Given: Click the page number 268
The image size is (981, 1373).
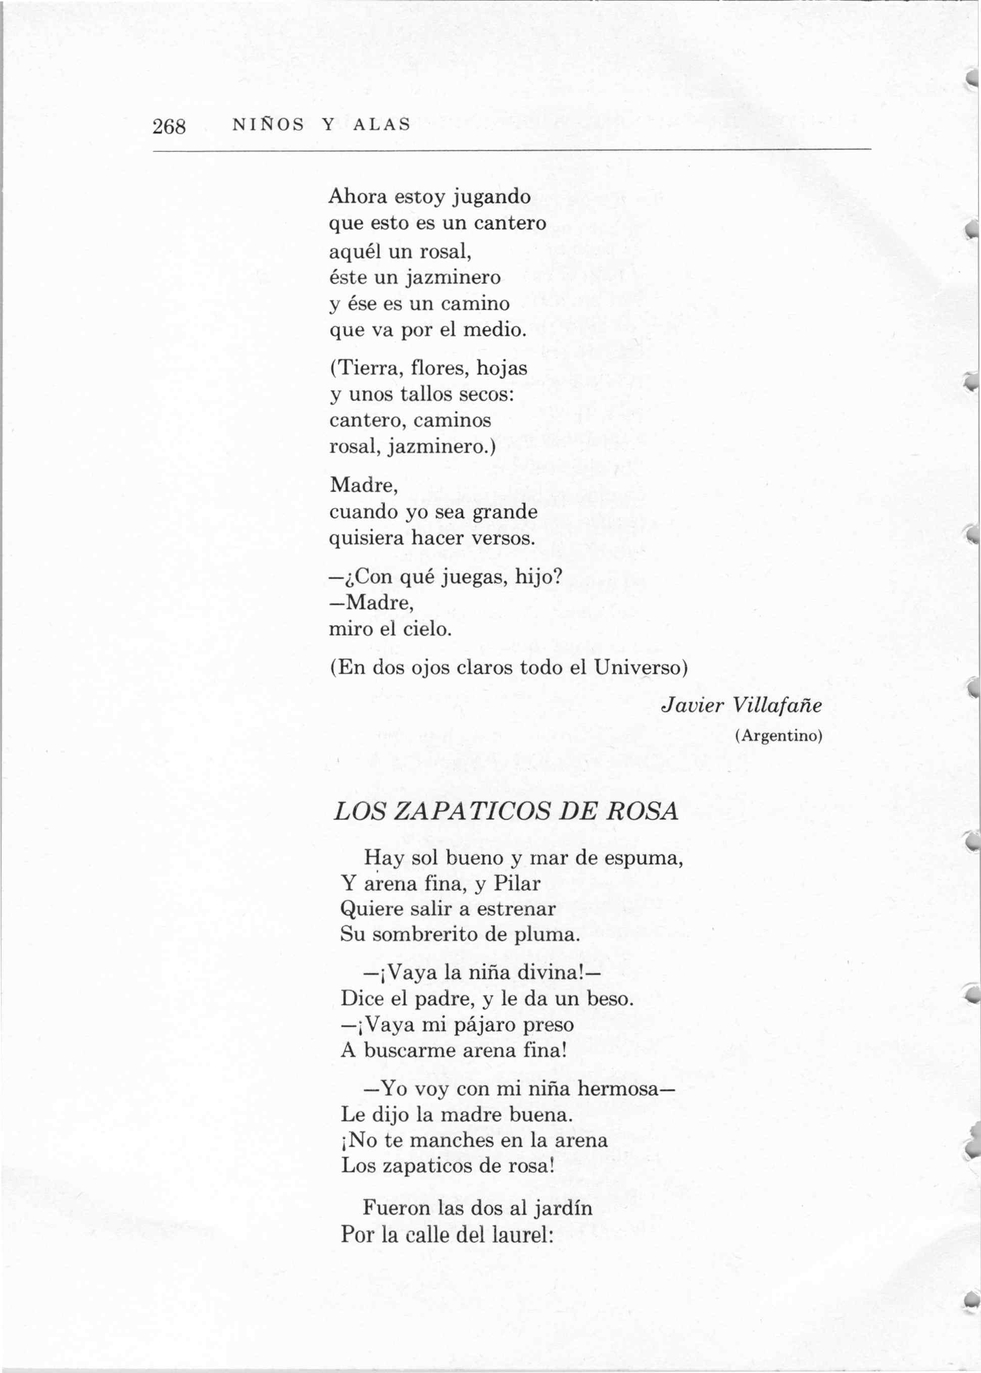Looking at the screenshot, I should click(x=169, y=126).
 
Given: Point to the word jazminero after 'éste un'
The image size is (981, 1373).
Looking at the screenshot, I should click(x=453, y=277).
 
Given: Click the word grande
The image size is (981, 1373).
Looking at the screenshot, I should click(x=505, y=512).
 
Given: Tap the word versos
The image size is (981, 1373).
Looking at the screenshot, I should click(x=503, y=538).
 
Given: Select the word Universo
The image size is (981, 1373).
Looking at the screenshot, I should click(x=638, y=667).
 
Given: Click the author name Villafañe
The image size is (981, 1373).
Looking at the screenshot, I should click(x=777, y=705).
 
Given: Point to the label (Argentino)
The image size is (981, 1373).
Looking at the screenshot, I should click(x=778, y=736).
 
